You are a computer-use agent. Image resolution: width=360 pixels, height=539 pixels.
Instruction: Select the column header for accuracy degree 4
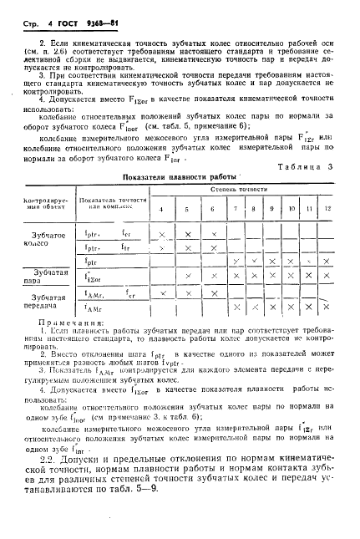(x=162, y=207)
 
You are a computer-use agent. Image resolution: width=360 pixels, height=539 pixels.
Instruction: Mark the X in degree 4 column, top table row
(x=162, y=235)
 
